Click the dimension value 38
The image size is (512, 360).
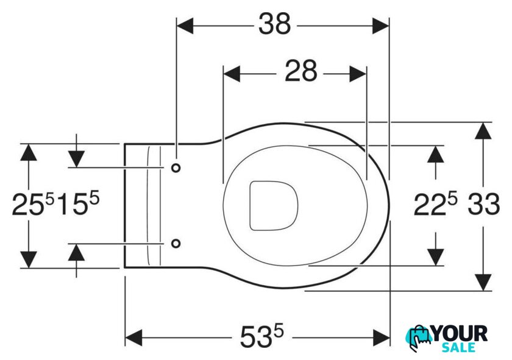[274, 24]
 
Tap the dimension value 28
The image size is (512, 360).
[300, 71]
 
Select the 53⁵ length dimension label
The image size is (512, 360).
[262, 337]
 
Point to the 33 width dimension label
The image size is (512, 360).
[483, 204]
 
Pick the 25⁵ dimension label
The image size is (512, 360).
[33, 203]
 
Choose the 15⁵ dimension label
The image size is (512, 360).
[78, 203]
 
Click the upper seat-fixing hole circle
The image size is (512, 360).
[176, 168]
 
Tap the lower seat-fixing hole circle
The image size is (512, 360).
[176, 244]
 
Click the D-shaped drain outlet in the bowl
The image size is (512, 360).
[274, 206]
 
